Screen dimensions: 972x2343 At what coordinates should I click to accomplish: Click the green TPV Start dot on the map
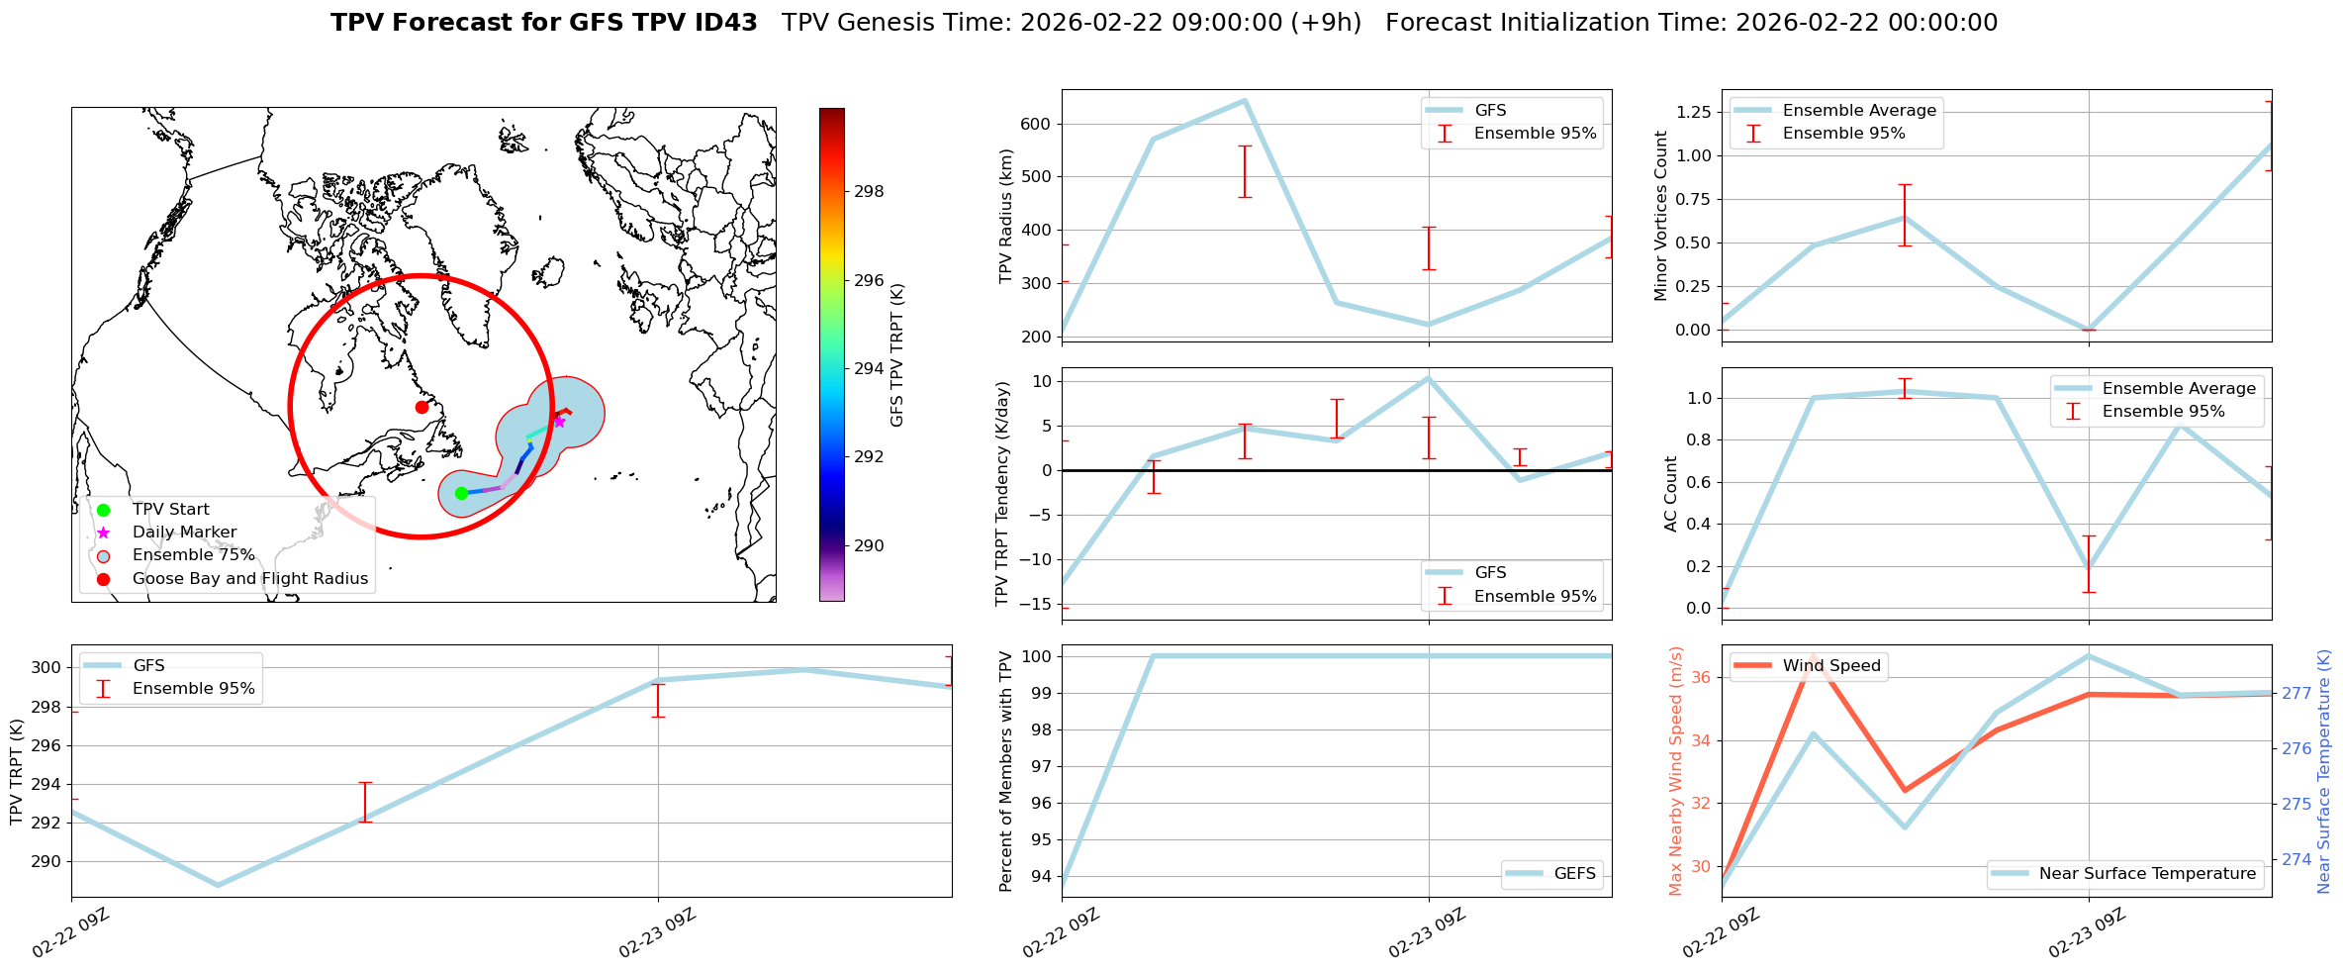click(461, 493)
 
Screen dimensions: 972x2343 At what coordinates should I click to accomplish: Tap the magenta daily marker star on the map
click(559, 422)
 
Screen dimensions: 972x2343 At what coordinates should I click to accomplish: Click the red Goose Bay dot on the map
click(422, 407)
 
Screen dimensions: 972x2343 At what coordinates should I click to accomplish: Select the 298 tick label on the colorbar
click(869, 192)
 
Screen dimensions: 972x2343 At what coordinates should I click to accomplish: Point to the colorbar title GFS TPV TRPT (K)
click(897, 355)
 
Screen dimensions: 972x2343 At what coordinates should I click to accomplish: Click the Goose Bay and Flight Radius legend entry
click(249, 578)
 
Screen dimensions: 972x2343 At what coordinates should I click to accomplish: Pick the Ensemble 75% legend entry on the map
click(193, 555)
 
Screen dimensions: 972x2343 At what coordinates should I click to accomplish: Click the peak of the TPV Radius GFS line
click(1244, 100)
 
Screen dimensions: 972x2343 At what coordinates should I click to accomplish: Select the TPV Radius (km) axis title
click(1006, 216)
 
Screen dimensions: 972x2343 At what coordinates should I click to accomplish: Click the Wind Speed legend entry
click(1830, 666)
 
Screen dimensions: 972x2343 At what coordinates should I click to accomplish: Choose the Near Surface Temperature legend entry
click(2147, 874)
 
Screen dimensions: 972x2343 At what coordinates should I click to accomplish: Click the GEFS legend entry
click(1574, 874)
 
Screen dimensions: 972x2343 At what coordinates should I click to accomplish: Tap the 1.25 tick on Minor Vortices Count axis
click(1694, 112)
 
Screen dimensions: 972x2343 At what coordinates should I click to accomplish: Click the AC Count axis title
click(1671, 494)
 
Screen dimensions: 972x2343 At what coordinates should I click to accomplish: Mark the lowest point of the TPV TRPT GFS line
click(219, 885)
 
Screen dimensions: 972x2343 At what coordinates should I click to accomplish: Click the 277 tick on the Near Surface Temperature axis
click(2296, 693)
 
